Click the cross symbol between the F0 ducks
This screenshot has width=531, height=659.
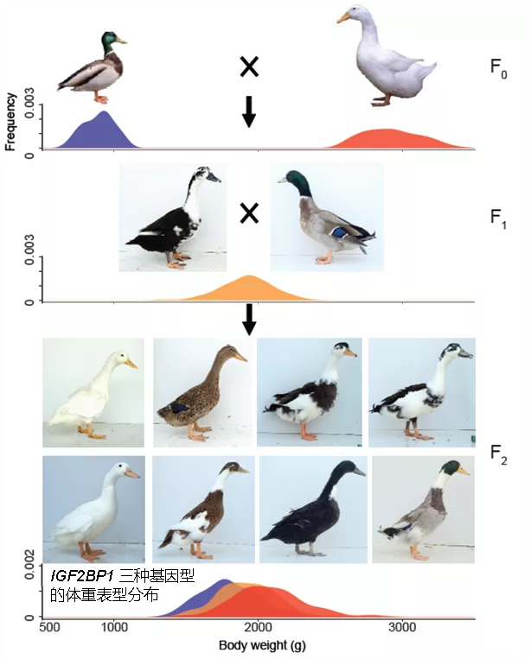(x=249, y=67)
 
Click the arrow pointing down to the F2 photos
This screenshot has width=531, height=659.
(x=249, y=319)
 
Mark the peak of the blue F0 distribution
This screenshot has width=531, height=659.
(x=104, y=112)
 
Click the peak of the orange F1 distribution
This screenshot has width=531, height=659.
(x=250, y=276)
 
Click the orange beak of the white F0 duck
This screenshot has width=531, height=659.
(x=344, y=16)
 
